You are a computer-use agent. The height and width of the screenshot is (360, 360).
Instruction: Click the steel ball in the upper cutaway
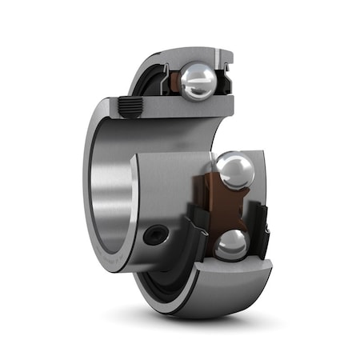pyautogui.click(x=198, y=81)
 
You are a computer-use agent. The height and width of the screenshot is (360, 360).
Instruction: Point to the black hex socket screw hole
pyautogui.click(x=157, y=234)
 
